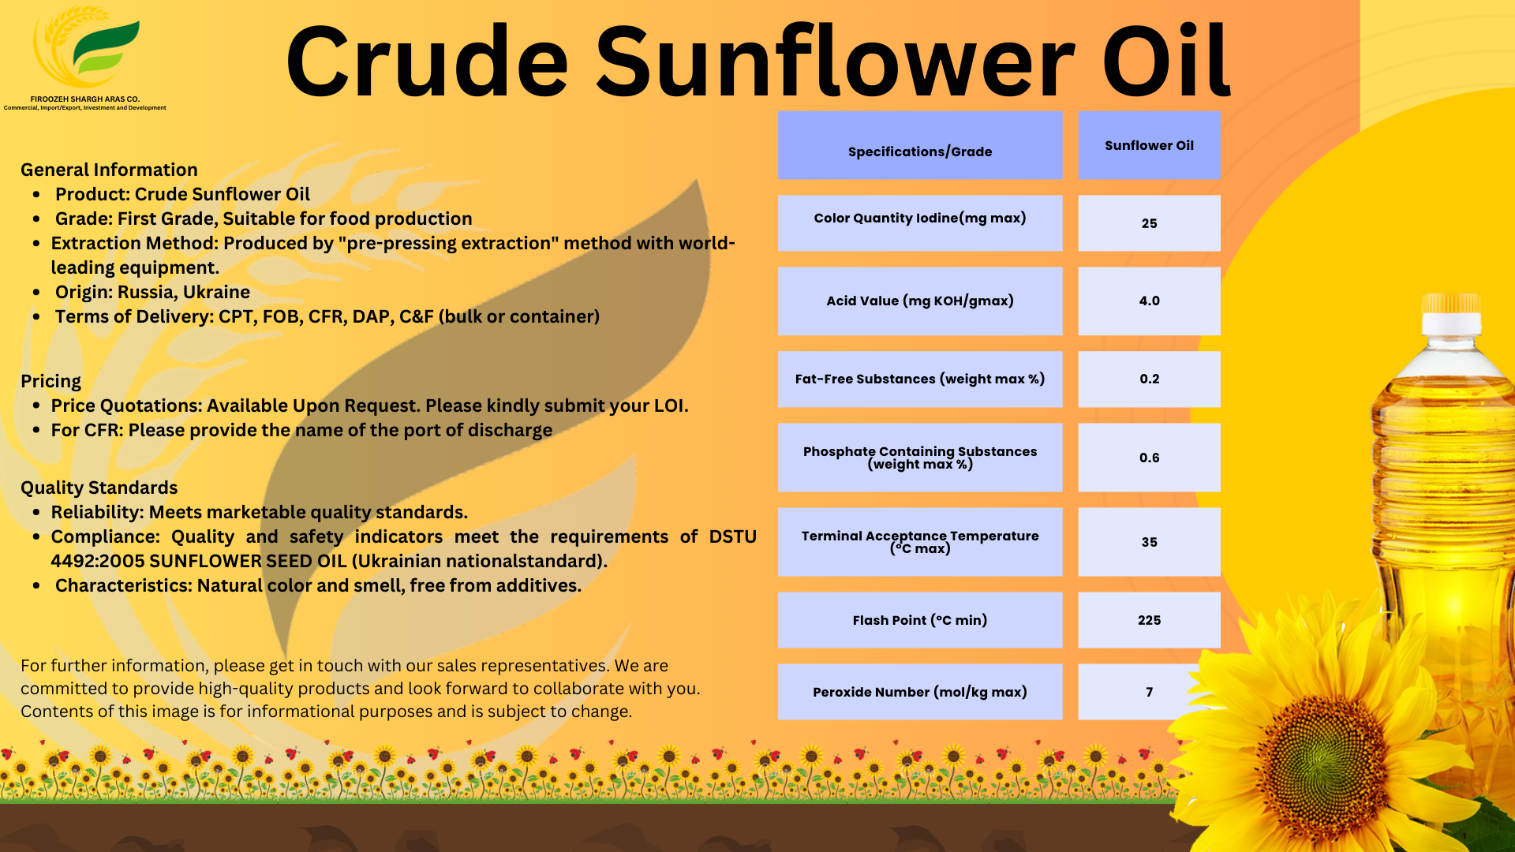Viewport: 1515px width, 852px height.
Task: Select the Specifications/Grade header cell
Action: click(919, 146)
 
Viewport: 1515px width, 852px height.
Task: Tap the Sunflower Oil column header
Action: click(1149, 145)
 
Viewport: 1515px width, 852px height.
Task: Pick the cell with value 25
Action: click(1149, 223)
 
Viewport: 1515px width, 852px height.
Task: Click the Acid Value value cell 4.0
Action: click(1149, 301)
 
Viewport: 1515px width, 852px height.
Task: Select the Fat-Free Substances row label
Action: click(919, 379)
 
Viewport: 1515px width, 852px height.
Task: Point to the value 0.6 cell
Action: click(1149, 458)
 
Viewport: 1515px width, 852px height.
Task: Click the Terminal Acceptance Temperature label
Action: click(919, 541)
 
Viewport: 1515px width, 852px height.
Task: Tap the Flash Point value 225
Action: click(1149, 620)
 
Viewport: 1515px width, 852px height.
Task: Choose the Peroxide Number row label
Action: click(919, 692)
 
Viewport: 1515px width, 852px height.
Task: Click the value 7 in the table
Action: click(1149, 692)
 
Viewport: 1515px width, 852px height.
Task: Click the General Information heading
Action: click(109, 170)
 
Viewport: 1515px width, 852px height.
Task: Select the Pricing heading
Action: click(50, 381)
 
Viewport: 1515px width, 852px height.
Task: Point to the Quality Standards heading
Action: click(99, 488)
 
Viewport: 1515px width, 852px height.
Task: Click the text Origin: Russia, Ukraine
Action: click(152, 292)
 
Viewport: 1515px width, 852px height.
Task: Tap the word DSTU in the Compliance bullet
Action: click(732, 536)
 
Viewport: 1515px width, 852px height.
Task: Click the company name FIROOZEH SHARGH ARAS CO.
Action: click(84, 99)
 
